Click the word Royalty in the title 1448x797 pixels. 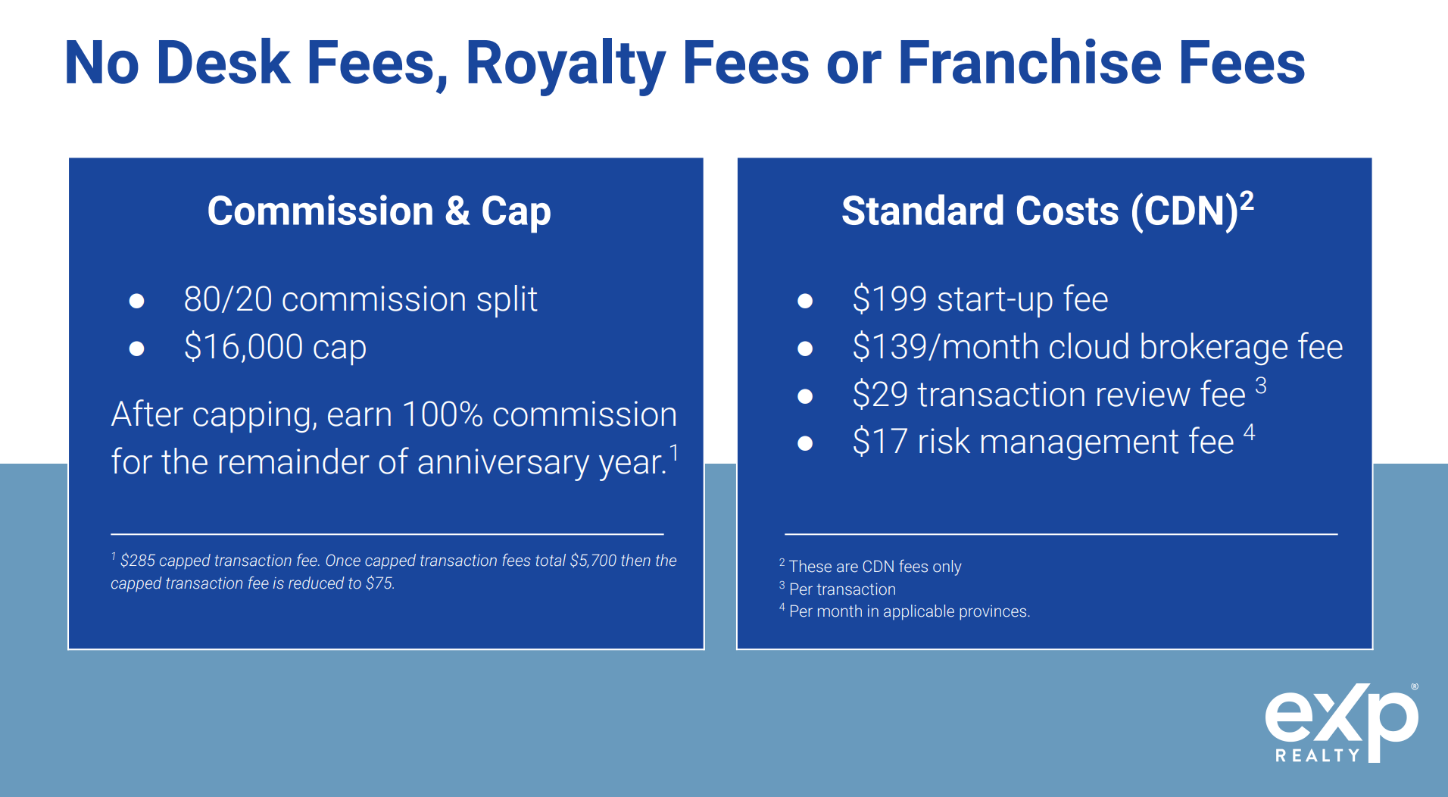point(566,64)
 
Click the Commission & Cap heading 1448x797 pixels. point(379,211)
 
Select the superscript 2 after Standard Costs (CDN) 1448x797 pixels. point(1247,201)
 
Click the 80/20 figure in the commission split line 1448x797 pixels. point(228,299)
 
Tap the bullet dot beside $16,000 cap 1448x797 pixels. point(137,348)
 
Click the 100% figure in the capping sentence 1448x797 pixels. point(442,414)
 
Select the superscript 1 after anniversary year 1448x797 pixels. point(674,453)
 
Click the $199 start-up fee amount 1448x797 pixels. point(890,299)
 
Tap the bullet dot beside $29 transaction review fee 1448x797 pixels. point(805,396)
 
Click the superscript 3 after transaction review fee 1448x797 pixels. point(1261,386)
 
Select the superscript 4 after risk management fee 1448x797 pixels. point(1250,433)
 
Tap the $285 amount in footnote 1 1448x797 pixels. point(138,561)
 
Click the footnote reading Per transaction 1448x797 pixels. point(842,589)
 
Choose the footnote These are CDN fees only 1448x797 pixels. point(875,567)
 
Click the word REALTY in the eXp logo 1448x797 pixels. point(1318,755)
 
